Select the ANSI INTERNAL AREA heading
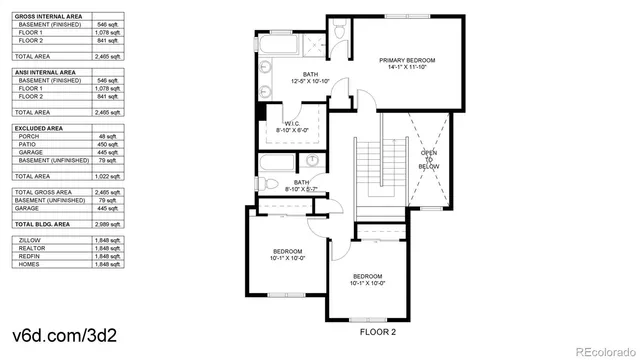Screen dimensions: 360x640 tap(44, 71)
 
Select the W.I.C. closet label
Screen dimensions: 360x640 tap(297, 124)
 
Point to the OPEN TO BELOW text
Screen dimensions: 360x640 tap(429, 159)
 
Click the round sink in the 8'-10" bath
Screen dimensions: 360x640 tap(312, 161)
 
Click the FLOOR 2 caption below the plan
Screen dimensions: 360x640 tap(379, 330)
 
